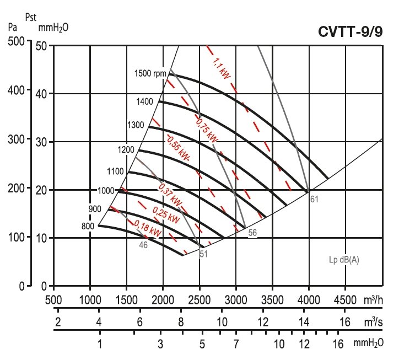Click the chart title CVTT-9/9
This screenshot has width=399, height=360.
pyautogui.click(x=350, y=31)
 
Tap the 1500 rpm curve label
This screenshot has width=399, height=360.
pyautogui.click(x=150, y=73)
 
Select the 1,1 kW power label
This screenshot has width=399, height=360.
pyautogui.click(x=221, y=65)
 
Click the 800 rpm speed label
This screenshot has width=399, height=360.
pyautogui.click(x=88, y=225)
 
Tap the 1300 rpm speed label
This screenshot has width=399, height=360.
pyautogui.click(x=135, y=125)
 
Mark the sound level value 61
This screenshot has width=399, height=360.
pyautogui.click(x=314, y=199)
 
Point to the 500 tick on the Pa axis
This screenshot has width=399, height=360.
pyautogui.click(x=18, y=42)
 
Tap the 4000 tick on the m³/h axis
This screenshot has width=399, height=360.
pyautogui.click(x=309, y=300)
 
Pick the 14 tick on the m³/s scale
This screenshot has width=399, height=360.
pyautogui.click(x=304, y=321)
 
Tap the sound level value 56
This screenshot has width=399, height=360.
pyautogui.click(x=252, y=233)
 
